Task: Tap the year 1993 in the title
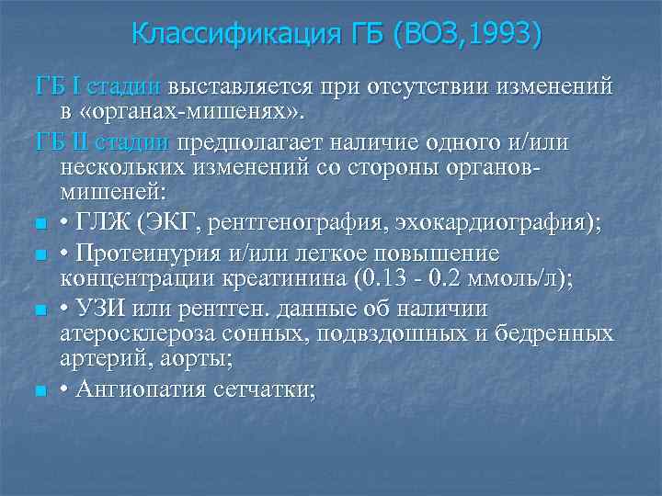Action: [504, 35]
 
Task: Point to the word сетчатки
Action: [267, 389]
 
